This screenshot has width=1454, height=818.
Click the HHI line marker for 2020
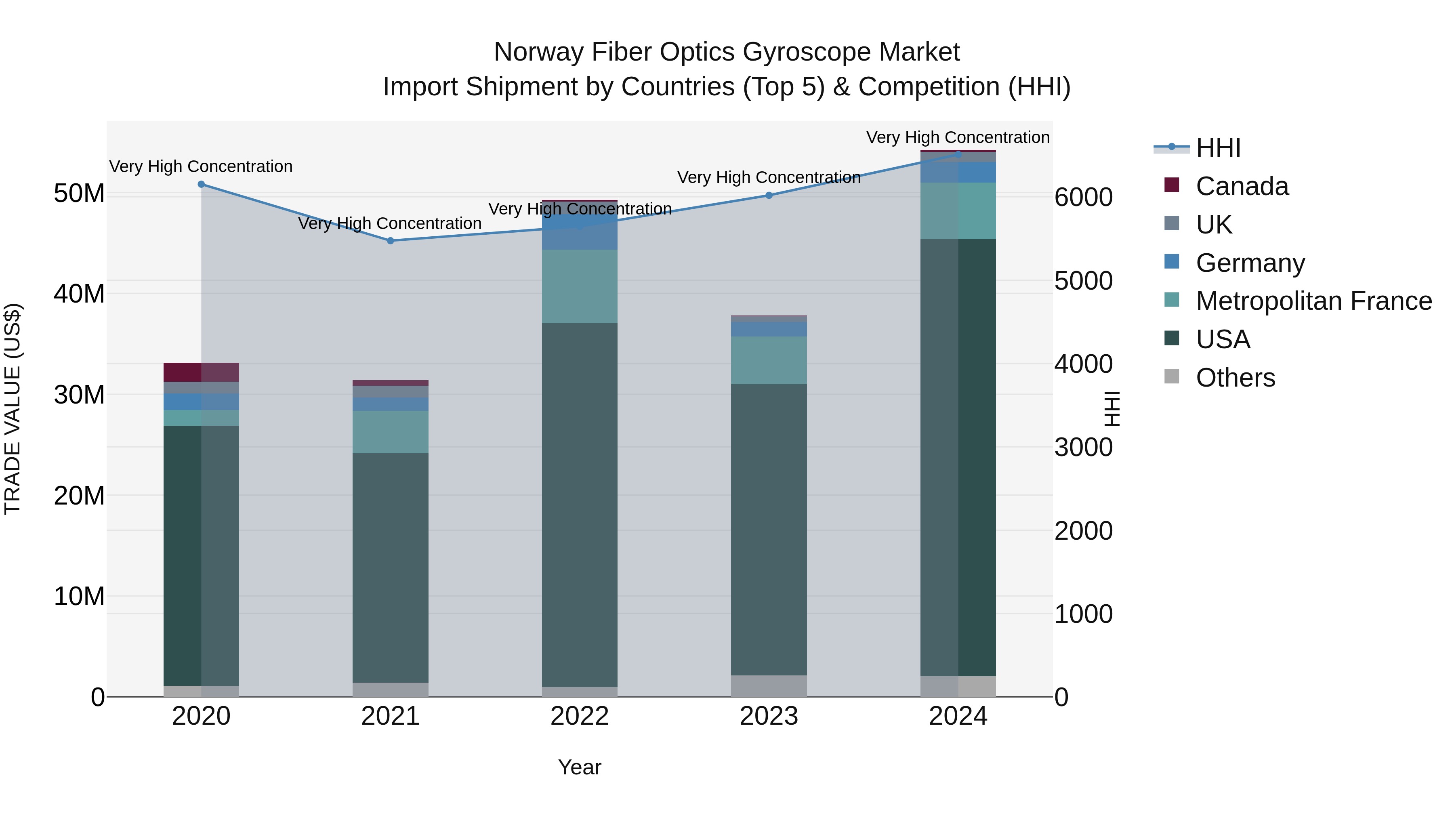click(201, 184)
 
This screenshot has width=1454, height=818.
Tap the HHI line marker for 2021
click(390, 240)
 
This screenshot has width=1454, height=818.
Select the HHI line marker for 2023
click(769, 196)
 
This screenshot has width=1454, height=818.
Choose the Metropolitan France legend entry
click(1313, 301)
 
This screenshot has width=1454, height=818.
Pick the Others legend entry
click(1235, 378)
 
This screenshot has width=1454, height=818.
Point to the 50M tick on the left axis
click(79, 193)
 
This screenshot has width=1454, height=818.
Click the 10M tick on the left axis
click(79, 596)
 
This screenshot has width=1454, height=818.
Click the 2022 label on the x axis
click(579, 716)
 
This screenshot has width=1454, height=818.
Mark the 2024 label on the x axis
click(958, 716)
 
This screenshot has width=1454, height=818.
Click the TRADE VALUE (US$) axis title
click(13, 409)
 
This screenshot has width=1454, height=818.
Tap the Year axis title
click(579, 767)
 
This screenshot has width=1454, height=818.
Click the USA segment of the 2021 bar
click(390, 568)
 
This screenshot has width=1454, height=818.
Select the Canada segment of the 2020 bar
click(201, 372)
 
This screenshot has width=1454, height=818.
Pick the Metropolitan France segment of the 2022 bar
click(579, 286)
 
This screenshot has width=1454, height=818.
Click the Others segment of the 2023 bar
click(769, 686)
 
